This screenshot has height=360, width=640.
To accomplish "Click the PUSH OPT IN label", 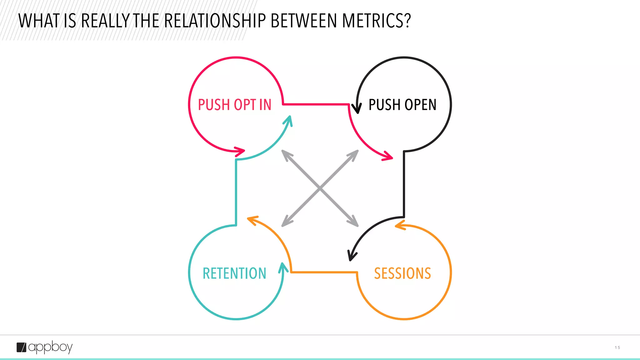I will [x=235, y=105].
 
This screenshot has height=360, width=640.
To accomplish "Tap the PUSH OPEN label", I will [x=402, y=105].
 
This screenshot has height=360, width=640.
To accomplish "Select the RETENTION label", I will [x=234, y=273].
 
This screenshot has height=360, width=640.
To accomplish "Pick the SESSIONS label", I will [x=402, y=273].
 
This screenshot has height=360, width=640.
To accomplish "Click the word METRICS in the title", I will [x=376, y=21].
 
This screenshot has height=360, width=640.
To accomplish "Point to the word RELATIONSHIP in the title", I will [x=215, y=21].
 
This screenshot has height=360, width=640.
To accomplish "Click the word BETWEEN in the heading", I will [x=304, y=21].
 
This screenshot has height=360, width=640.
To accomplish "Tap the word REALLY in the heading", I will [x=105, y=21].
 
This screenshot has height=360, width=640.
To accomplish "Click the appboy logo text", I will [x=50, y=347].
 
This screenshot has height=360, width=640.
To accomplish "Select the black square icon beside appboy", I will [x=21, y=347].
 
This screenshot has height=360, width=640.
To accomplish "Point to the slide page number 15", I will [x=617, y=347].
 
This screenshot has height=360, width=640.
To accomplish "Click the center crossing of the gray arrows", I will [x=320, y=188].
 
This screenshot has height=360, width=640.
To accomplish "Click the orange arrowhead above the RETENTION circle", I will [x=252, y=220].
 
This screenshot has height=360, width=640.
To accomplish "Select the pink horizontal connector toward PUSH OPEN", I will [x=316, y=104].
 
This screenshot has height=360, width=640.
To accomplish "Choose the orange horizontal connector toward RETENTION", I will [x=324, y=272].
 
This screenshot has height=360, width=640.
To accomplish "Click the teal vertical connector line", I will [x=236, y=192].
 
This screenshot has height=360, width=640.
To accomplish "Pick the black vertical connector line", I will [x=404, y=184].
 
